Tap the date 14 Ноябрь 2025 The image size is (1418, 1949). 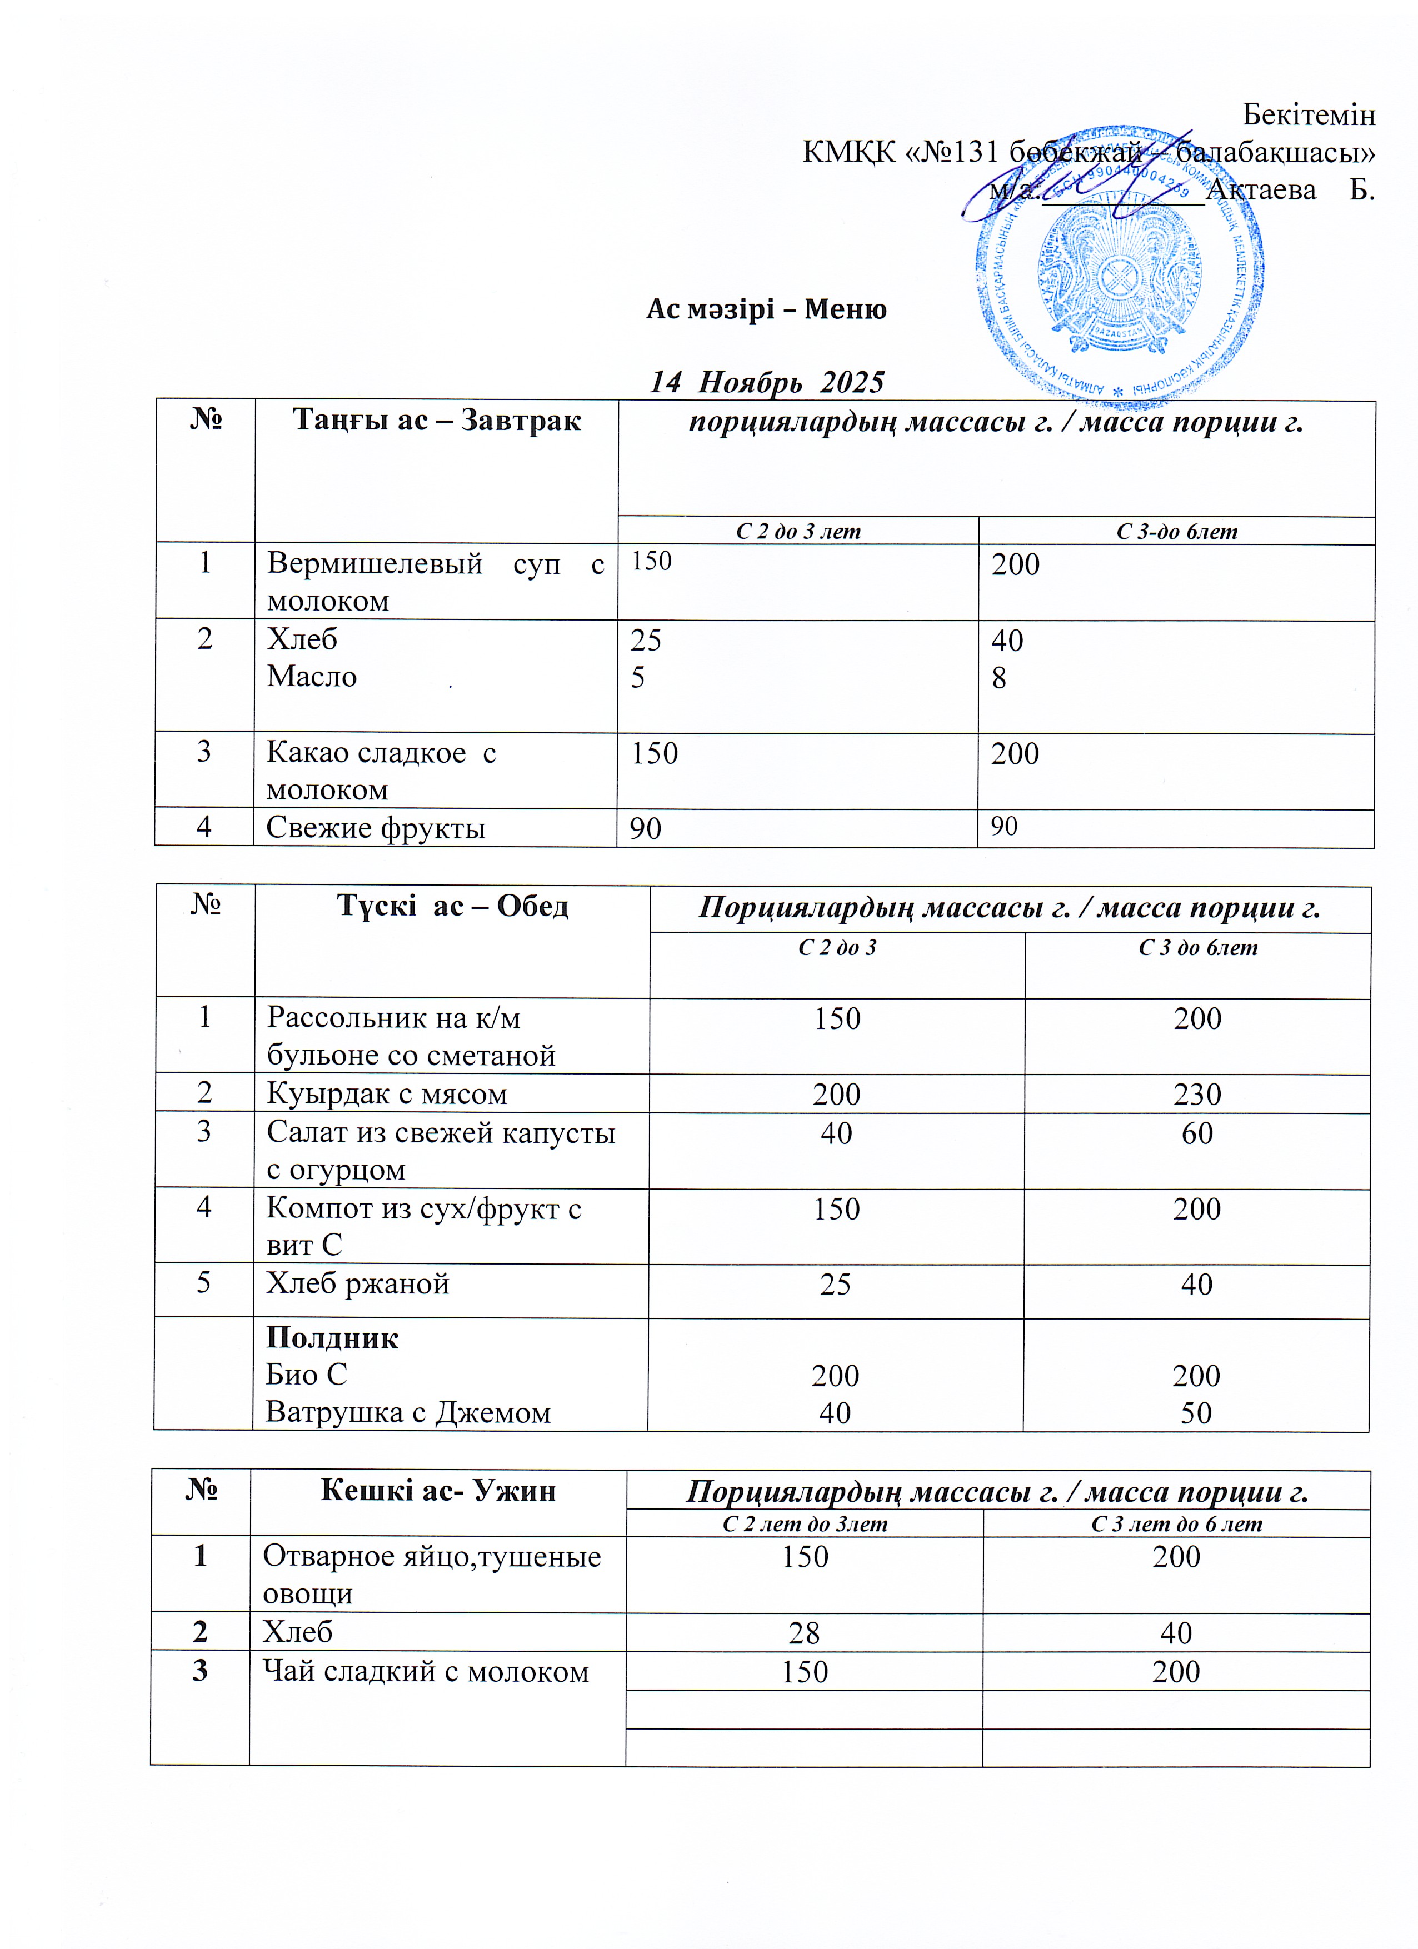767,382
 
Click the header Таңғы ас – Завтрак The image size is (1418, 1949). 437,420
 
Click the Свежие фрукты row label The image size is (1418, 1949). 376,828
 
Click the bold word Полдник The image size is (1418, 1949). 332,1338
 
